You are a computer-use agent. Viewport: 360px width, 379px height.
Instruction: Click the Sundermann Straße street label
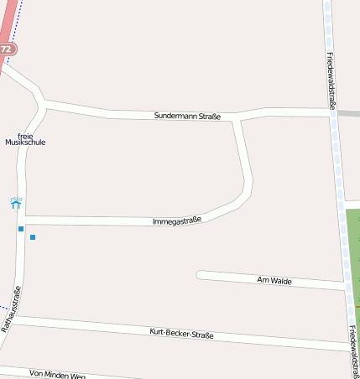tap(187, 116)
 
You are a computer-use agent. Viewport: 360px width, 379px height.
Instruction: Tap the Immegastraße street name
tap(177, 221)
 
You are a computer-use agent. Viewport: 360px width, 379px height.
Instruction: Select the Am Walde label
tap(274, 281)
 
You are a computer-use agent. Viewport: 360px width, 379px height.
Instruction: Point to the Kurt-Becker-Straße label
tap(181, 334)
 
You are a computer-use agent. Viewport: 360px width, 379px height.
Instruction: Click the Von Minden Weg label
tap(57, 373)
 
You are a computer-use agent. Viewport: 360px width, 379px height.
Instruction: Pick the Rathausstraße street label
tap(11, 308)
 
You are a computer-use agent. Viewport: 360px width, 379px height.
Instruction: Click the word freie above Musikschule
tap(24, 134)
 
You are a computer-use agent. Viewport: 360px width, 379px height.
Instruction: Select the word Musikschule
tap(25, 143)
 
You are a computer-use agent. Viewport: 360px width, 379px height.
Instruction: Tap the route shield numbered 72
tap(7, 49)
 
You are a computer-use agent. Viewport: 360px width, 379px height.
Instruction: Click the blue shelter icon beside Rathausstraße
tap(16, 203)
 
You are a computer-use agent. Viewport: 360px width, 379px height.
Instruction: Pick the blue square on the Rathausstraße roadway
tap(20, 229)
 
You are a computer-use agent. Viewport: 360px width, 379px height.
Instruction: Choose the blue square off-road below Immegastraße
tap(33, 237)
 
